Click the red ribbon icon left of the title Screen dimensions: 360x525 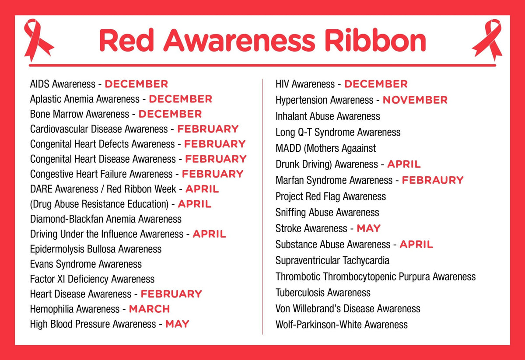tap(38, 40)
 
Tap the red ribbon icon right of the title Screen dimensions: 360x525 tap(487, 40)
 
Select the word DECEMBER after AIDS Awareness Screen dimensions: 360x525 tap(136, 84)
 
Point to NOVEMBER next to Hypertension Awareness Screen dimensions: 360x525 tap(415, 100)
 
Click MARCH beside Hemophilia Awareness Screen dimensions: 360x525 tap(149, 309)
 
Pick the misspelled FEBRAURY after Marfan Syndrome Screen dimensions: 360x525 tap(432, 180)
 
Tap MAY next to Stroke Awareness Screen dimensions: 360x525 tap(368, 228)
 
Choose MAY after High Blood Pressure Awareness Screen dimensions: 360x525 tap(177, 324)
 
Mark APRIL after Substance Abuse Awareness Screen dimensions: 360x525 tap(416, 245)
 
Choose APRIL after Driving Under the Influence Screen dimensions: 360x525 tap(209, 234)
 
